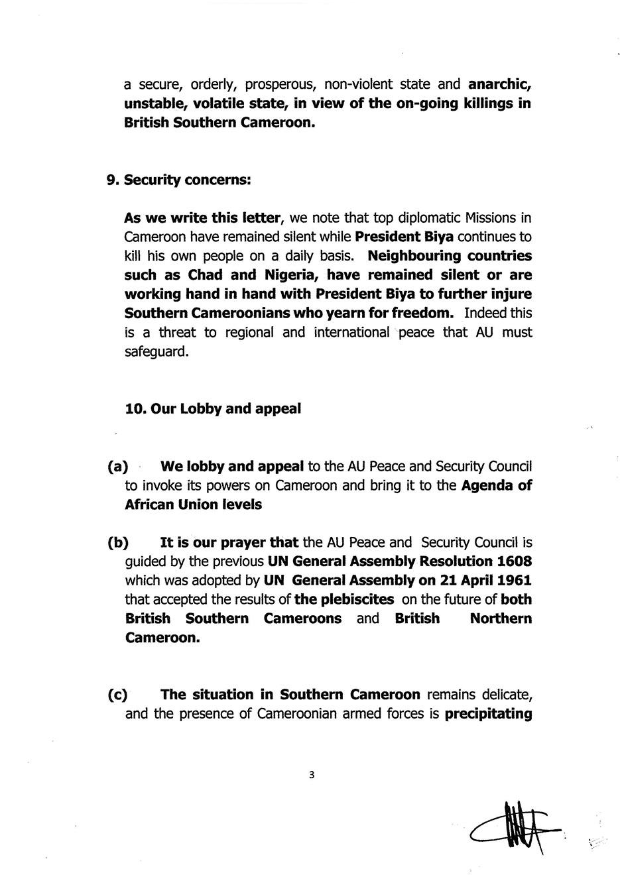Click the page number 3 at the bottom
[x=310, y=774]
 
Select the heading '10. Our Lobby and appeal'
[x=213, y=408]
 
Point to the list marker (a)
[x=117, y=467]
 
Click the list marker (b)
[x=117, y=543]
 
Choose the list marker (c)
[x=117, y=695]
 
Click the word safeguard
[x=156, y=351]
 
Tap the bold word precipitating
[x=488, y=715]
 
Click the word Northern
[x=501, y=619]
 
